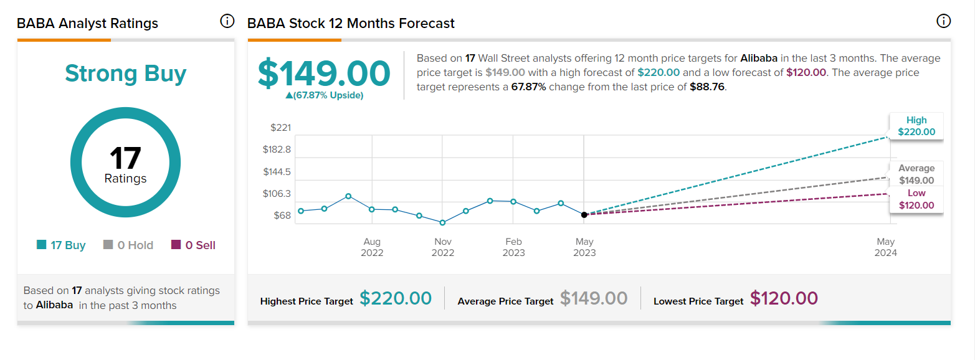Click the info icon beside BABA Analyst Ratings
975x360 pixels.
(x=227, y=21)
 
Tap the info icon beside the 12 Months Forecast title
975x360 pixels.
(x=943, y=21)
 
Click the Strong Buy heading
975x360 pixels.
(x=126, y=73)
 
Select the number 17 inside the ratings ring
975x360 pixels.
(x=125, y=158)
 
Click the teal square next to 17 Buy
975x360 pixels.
(x=41, y=245)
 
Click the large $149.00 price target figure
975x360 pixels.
(x=324, y=73)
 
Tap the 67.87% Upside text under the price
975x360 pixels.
(x=325, y=95)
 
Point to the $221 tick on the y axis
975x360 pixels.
(x=280, y=128)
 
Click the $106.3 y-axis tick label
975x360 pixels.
(x=277, y=194)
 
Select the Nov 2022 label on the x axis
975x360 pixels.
(x=443, y=247)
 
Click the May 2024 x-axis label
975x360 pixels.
(x=886, y=247)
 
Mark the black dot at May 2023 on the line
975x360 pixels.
(x=584, y=215)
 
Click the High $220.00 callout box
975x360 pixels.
(x=916, y=126)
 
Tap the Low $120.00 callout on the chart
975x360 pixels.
(x=916, y=199)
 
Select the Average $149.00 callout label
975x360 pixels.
(x=916, y=174)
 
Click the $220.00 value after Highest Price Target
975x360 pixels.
(x=396, y=298)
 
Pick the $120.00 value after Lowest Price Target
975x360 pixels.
(x=784, y=298)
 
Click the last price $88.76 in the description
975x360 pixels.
(x=707, y=87)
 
